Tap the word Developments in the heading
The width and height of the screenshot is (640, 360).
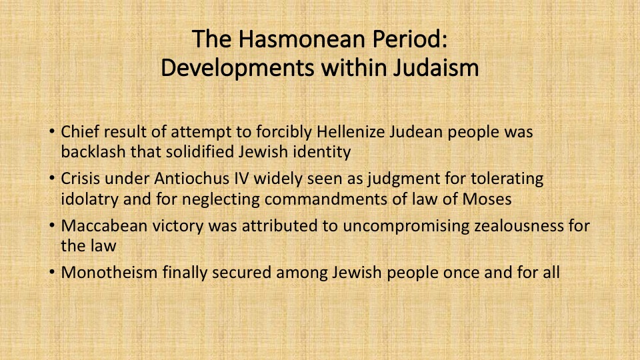(x=237, y=68)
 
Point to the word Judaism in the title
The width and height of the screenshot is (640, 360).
(x=436, y=68)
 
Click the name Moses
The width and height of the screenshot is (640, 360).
(x=487, y=199)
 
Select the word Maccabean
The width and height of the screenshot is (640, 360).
(x=104, y=226)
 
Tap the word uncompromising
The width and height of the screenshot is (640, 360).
(x=406, y=226)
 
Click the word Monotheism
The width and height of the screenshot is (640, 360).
(x=109, y=272)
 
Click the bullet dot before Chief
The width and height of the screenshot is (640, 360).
(x=52, y=131)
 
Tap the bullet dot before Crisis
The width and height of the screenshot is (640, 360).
(x=52, y=179)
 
